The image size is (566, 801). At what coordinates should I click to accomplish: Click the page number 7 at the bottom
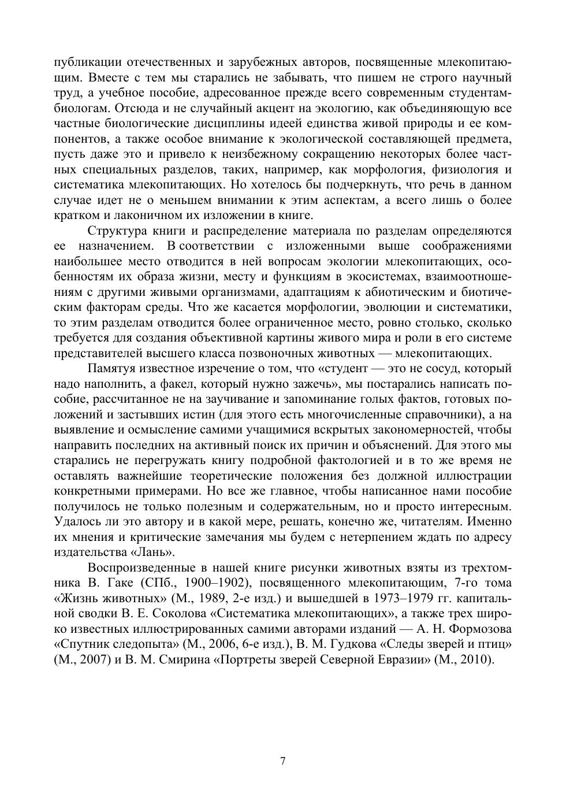point(282,761)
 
